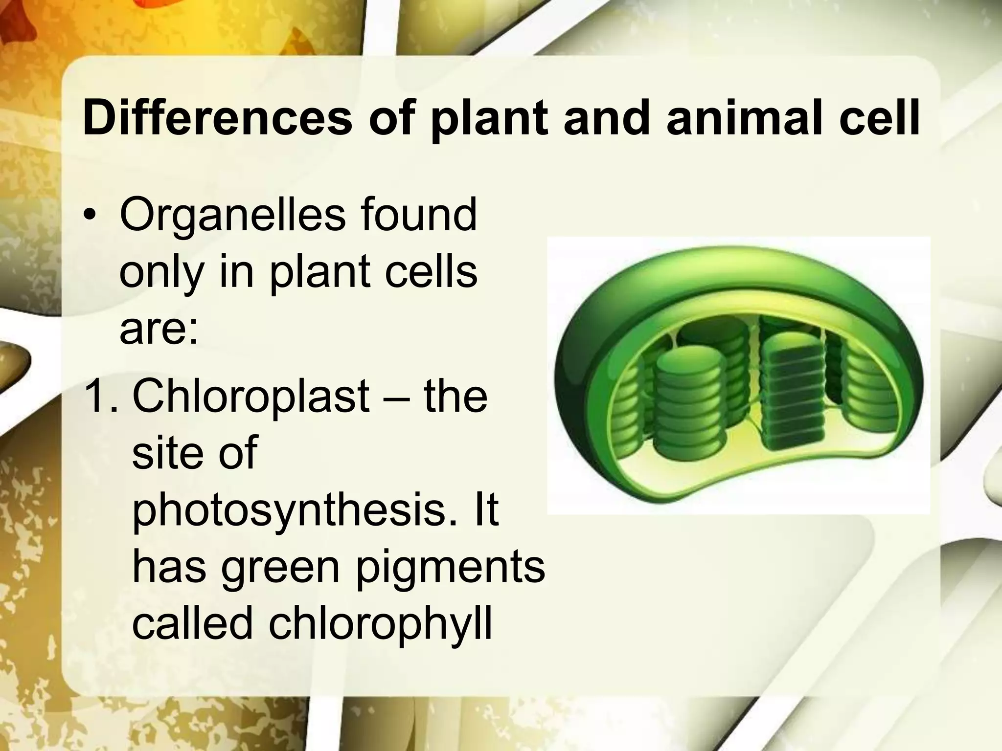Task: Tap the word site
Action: coord(167,452)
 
